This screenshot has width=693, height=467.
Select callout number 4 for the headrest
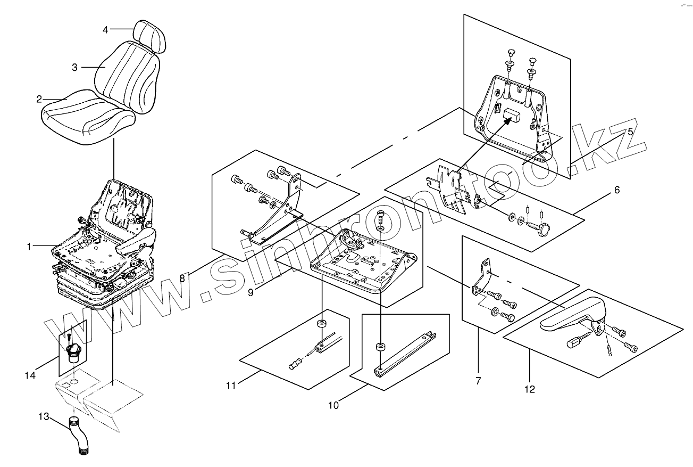pyautogui.click(x=105, y=30)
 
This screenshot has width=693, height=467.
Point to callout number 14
pyautogui.click(x=30, y=375)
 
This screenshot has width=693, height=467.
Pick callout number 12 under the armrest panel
pyautogui.click(x=529, y=389)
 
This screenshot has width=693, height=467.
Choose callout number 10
pyautogui.click(x=333, y=405)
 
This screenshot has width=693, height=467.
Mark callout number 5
pyautogui.click(x=630, y=132)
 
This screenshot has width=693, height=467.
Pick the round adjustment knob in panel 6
pyautogui.click(x=542, y=231)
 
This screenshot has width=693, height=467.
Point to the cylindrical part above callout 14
pyautogui.click(x=72, y=351)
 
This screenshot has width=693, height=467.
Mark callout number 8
pyautogui.click(x=182, y=278)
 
